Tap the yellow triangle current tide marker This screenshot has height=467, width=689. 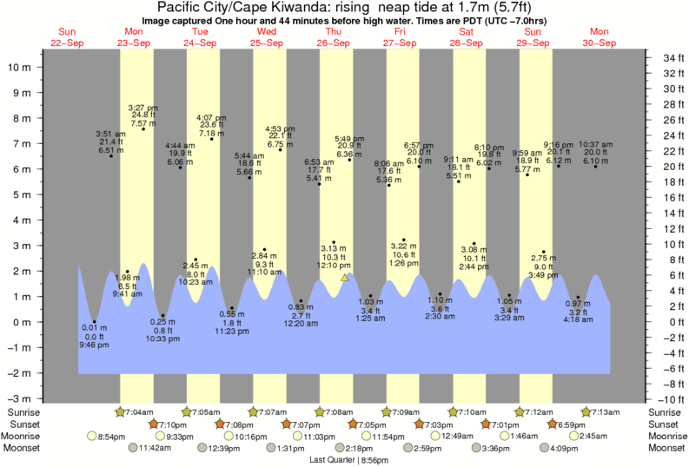[345, 278]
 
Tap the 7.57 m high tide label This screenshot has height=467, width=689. [142, 123]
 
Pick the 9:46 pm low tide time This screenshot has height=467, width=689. [93, 345]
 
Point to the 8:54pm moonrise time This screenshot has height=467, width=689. [113, 436]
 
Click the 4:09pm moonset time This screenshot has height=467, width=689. [564, 448]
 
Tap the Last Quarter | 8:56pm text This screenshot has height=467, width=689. [345, 460]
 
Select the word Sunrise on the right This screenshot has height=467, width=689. [665, 411]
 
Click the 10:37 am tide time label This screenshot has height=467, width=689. [595, 144]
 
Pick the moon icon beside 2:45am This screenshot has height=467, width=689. [573, 436]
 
